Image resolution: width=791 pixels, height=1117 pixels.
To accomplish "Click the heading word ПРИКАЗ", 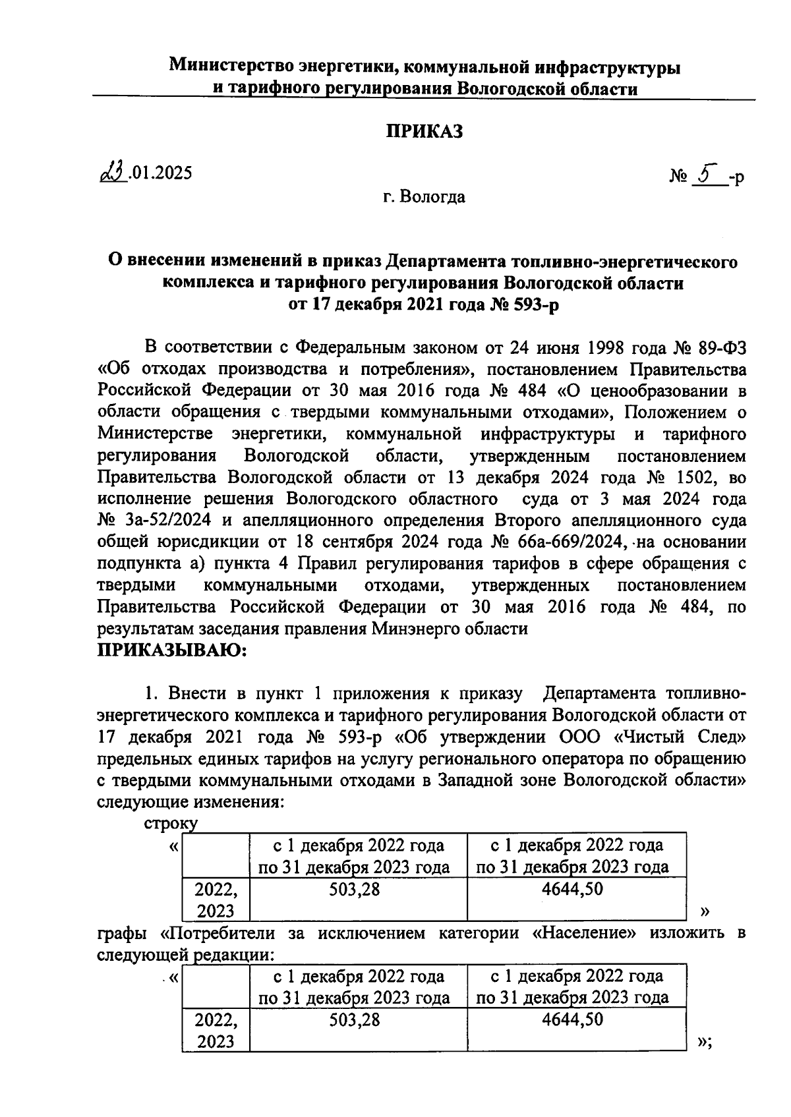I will point(424,132).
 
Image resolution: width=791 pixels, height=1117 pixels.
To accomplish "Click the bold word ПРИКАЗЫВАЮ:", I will point(171,651).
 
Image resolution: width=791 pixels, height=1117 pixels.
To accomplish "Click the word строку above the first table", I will point(170,822).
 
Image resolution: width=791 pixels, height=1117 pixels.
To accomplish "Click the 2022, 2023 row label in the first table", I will point(215,900).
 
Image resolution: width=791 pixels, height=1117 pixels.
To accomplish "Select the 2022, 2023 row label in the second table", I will point(215,1030).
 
